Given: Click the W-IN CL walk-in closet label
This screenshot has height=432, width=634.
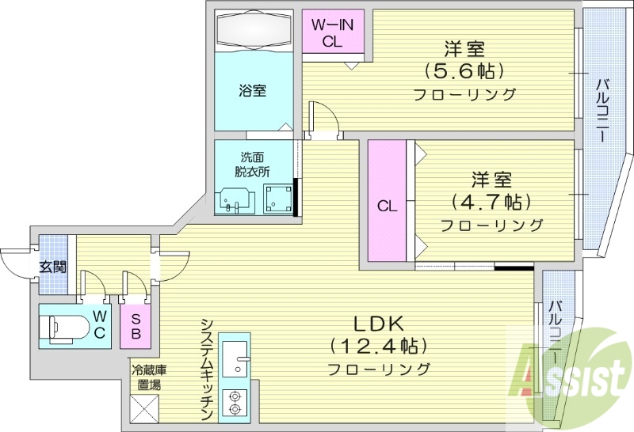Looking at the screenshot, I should tap(332, 33).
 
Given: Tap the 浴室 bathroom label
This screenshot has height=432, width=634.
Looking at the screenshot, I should tap(253, 90).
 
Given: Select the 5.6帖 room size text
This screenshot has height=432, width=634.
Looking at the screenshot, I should tap(464, 70).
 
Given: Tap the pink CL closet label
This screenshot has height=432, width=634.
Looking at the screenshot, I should tap(387, 207).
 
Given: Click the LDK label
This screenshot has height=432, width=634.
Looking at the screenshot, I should tap(379, 323).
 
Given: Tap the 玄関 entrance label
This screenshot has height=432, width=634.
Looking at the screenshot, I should tap(52, 266).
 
